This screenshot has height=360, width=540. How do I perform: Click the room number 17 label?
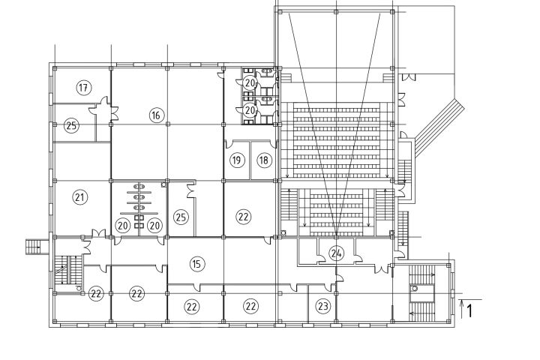point(83,88)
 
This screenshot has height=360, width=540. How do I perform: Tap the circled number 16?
point(156,115)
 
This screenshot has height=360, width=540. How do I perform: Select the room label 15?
point(196,264)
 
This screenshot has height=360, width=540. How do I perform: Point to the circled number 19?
point(236,160)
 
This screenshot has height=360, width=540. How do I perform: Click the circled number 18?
point(264,160)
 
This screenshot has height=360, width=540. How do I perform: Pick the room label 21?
point(80,197)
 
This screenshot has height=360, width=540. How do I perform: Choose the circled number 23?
point(322,306)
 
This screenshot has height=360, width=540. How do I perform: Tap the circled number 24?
point(336,253)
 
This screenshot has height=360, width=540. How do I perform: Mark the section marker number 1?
point(469,311)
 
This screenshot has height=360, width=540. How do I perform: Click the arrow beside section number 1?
point(462,309)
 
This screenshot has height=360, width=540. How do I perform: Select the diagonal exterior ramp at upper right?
point(439,128)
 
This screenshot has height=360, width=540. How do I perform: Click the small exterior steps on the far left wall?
point(34,247)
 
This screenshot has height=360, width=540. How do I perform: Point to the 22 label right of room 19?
point(244,217)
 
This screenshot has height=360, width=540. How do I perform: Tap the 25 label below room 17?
point(71,125)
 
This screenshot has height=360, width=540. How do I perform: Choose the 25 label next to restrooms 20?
point(181,217)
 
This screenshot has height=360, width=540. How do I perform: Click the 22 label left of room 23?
point(250,306)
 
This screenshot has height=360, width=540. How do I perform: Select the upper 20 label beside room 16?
point(250,82)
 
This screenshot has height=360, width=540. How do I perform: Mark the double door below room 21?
point(99,233)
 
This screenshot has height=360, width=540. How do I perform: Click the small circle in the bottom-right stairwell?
point(415,288)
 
